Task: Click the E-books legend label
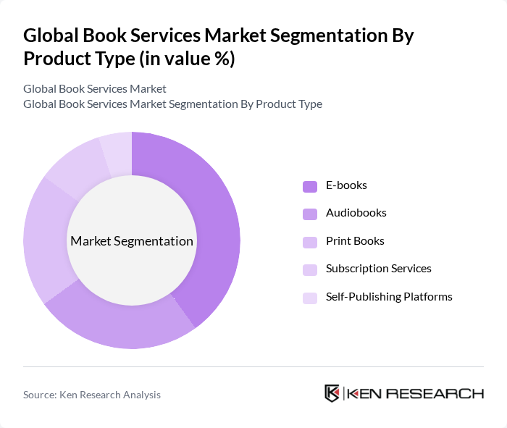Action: [x=346, y=185]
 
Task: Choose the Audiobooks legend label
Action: [x=356, y=213]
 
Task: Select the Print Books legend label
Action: [x=355, y=241]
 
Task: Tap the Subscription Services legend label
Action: [x=378, y=269]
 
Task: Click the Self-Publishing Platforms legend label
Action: [x=389, y=296]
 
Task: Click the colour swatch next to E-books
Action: [x=310, y=186]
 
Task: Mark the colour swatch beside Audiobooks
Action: [x=310, y=214]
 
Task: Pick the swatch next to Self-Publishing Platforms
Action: [x=310, y=297]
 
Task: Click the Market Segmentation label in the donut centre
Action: [x=132, y=241]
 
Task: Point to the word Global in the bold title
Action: [x=51, y=36]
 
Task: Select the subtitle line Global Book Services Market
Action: [x=95, y=89]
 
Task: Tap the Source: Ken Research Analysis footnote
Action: [x=92, y=395]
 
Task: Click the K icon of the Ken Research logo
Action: [x=332, y=393]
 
